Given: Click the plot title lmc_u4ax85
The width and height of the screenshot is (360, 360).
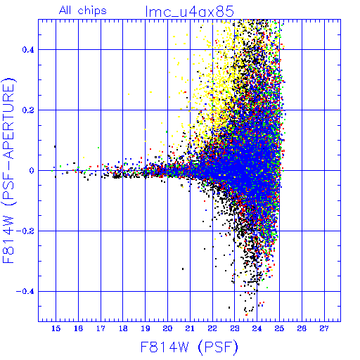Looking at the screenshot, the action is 190,11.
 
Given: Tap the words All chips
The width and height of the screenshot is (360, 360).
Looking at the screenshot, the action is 83,11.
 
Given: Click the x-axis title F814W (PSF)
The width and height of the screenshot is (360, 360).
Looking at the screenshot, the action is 189,347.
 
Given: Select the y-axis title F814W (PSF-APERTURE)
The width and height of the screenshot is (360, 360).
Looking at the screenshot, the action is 8,170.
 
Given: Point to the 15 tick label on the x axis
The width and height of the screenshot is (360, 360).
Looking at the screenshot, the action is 56,328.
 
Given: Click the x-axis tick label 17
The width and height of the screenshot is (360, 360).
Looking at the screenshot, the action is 101,328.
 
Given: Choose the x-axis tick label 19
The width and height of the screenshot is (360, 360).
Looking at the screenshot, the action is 146,328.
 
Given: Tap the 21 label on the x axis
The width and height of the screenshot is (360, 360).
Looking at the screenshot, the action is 190,328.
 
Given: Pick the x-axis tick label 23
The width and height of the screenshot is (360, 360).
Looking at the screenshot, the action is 235,328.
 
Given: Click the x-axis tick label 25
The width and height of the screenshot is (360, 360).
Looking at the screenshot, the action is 280,328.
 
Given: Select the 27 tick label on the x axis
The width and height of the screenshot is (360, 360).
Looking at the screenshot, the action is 324,328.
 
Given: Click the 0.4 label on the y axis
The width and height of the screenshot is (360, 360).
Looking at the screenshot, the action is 28,50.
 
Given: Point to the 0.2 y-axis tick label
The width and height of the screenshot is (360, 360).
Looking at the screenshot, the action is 28,110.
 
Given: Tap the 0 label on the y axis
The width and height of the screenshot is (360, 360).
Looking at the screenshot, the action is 32,170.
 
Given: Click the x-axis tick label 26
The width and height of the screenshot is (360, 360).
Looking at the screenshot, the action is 302,328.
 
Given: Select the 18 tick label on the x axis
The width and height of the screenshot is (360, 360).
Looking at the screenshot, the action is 123,328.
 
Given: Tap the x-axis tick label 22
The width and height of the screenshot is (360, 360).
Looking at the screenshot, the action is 212,328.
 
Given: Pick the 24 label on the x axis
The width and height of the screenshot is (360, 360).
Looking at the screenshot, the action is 257,328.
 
